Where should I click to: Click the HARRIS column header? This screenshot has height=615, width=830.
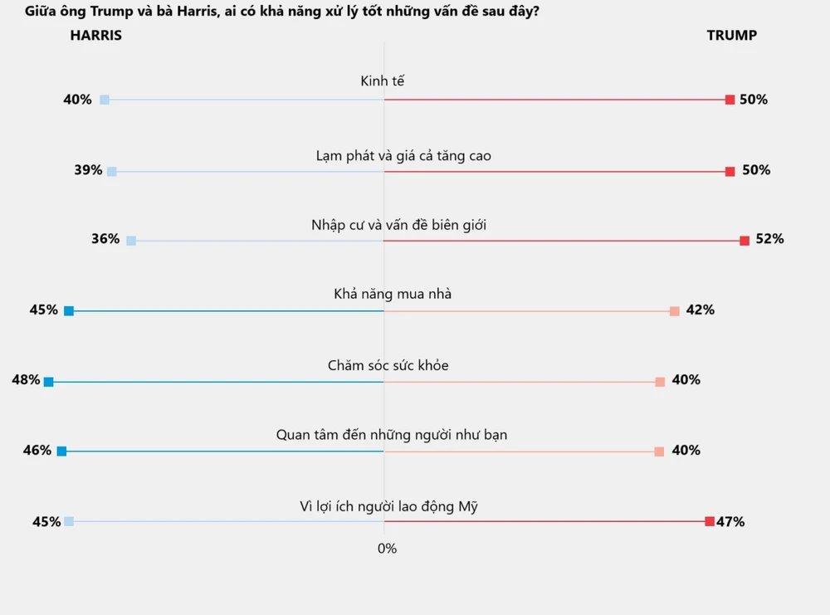click(x=95, y=36)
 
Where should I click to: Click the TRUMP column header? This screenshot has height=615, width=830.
click(x=731, y=36)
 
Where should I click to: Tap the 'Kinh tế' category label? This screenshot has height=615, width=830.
click(x=382, y=81)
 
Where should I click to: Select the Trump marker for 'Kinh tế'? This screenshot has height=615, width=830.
click(x=730, y=100)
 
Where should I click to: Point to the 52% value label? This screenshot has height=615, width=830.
click(x=769, y=239)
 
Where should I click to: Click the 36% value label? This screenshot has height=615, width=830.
click(x=105, y=239)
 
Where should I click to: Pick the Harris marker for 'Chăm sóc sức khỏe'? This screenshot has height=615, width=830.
click(x=48, y=382)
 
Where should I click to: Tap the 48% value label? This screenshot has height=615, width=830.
click(x=26, y=380)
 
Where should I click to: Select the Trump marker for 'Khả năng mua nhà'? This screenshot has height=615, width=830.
click(x=674, y=311)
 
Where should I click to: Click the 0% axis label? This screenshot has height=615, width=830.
click(x=387, y=549)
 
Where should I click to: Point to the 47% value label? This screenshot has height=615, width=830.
click(x=730, y=522)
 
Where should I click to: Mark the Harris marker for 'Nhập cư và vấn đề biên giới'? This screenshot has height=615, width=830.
click(x=130, y=241)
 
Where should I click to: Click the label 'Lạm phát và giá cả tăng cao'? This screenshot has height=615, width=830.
click(x=397, y=155)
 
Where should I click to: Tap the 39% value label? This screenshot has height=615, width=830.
click(x=88, y=170)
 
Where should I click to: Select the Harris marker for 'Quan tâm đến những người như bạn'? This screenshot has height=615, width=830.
click(x=61, y=451)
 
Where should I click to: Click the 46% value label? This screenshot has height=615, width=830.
click(x=37, y=451)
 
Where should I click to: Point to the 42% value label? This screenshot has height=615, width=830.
click(x=700, y=310)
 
